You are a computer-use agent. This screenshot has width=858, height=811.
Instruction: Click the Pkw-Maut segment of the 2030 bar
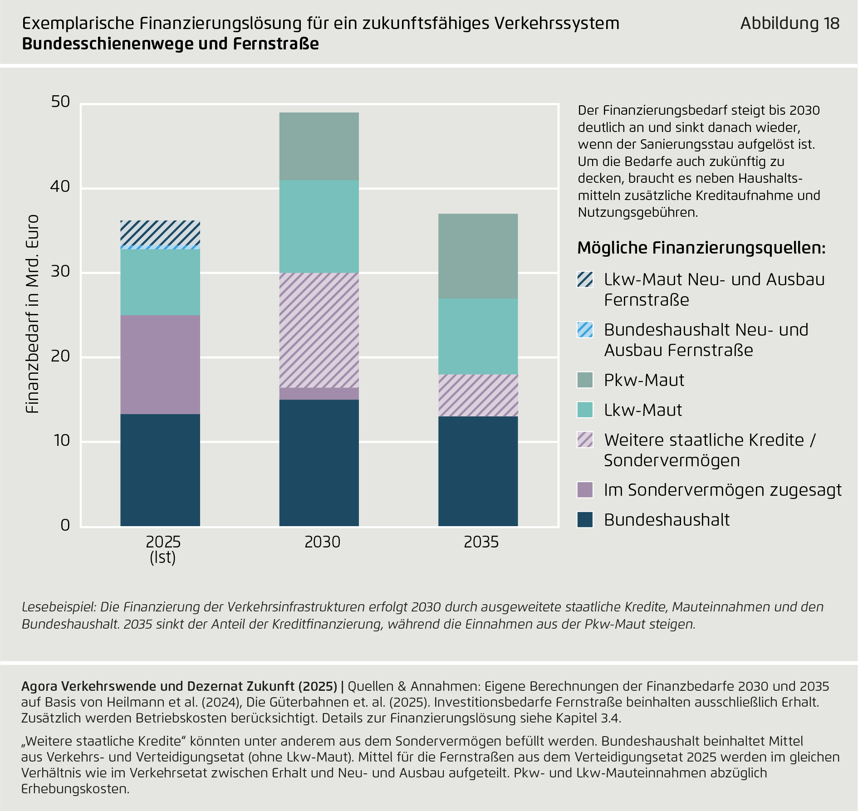pos(319,146)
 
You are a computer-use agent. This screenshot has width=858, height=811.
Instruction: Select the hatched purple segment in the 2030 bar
pos(319,330)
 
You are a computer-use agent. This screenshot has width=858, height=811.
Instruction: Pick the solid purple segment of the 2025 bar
pos(160,364)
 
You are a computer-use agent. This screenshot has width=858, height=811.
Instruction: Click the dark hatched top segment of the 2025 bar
pos(160,233)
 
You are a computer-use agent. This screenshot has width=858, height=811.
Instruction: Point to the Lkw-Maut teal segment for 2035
pos(478,336)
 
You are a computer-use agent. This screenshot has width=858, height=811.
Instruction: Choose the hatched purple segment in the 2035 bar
pos(478,395)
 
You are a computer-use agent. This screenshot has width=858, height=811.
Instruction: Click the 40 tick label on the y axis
pos(60,186)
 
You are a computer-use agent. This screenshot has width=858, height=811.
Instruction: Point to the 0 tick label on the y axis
pos(65,525)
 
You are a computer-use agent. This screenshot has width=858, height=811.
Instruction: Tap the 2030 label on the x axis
pos(322,542)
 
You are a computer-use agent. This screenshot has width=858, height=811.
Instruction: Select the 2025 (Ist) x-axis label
pos(163,549)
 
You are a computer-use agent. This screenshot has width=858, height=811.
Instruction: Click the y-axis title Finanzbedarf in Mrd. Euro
pos(32,314)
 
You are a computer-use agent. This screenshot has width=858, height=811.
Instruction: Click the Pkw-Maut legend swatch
pos(585,380)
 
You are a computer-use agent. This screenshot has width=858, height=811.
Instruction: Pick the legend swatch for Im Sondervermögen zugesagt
pos(585,490)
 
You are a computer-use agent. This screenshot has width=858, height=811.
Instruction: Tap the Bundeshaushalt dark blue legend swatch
pos(585,520)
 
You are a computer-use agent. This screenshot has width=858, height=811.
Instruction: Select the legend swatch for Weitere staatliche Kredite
pos(585,440)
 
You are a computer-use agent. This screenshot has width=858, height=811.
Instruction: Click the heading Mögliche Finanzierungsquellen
pos(701,248)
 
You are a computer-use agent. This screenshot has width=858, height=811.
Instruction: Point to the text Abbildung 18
pos(789,23)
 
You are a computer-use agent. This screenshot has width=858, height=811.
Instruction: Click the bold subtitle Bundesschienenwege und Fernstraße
pos(170,44)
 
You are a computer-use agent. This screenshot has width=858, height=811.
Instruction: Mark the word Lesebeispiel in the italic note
pos(59,607)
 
